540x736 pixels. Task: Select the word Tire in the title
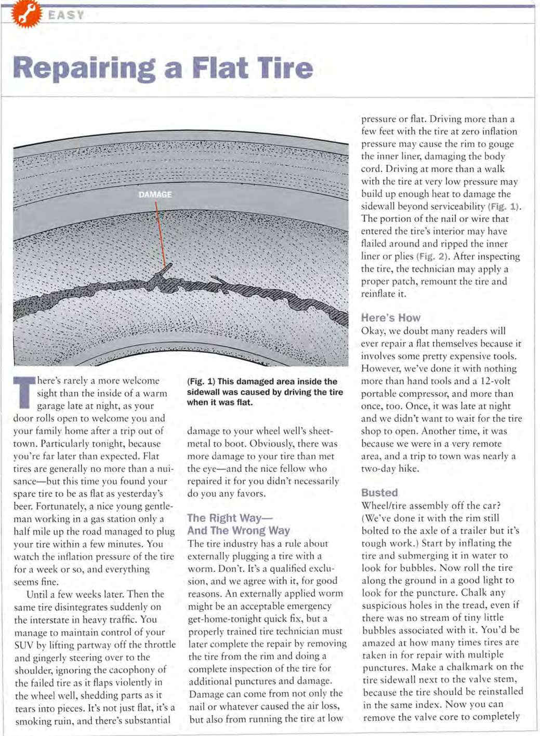click(x=285, y=69)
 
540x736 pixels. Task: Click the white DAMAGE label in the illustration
click(x=155, y=195)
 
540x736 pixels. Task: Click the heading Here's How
click(x=390, y=318)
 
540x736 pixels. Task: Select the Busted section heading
click(x=379, y=492)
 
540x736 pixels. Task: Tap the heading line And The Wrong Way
click(x=239, y=530)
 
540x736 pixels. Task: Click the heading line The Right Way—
click(x=230, y=518)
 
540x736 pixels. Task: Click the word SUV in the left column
click(x=23, y=645)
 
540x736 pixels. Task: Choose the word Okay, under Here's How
click(x=374, y=331)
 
